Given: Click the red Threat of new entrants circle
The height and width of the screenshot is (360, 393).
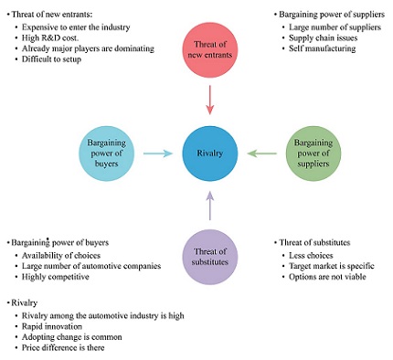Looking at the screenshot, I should (210, 49).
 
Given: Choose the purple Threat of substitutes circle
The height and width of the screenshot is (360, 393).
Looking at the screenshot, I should (210, 255).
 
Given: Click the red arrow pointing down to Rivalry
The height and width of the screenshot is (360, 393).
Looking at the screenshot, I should (210, 99).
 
